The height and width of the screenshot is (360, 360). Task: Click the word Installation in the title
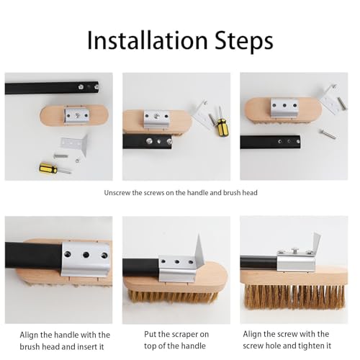pyautogui.click(x=148, y=40)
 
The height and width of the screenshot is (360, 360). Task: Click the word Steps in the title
pyautogui.click(x=244, y=41)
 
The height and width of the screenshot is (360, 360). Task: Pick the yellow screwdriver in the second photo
pyautogui.click(x=219, y=122)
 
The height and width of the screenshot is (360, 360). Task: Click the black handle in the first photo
pyautogui.click(x=52, y=88)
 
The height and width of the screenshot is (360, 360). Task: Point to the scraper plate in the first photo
pyautogui.click(x=74, y=145)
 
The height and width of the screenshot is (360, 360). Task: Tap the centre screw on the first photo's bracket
pyautogui.click(x=77, y=115)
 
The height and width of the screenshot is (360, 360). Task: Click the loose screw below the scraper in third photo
pyautogui.click(x=328, y=134)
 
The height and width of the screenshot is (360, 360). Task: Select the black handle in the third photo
pyautogui.click(x=270, y=142)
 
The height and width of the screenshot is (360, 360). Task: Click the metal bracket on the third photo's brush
pyautogui.click(x=284, y=107)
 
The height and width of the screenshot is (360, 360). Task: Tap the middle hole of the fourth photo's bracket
pyautogui.click(x=86, y=255)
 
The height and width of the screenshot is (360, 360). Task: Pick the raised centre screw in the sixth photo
pyautogui.click(x=295, y=251)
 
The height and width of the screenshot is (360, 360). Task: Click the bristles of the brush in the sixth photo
pyautogui.click(x=294, y=297)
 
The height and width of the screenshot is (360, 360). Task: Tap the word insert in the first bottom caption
pyautogui.click(x=86, y=347)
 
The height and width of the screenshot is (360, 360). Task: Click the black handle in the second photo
pyautogui.click(x=148, y=142)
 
